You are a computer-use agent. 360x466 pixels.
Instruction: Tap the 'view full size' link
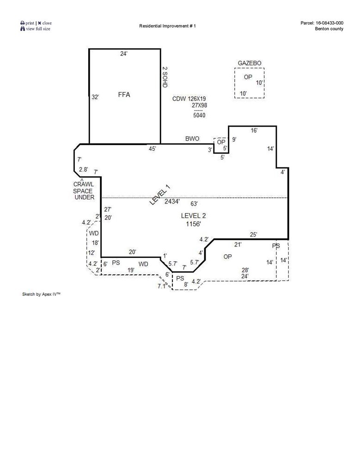pos(37,29)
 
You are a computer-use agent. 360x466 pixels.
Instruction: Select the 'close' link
pos(47,23)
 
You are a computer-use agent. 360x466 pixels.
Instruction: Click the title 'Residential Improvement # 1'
pos(167,26)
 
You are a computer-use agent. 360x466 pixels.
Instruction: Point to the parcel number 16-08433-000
pos(329,23)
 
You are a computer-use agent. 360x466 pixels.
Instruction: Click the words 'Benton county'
pos(329,29)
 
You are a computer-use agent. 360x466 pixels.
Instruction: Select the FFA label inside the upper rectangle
pos(124,95)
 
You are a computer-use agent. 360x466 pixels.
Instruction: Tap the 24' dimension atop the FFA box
pos(123,54)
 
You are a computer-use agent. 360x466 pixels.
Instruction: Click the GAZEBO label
pos(250,63)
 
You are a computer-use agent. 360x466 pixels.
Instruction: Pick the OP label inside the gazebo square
pos(248,77)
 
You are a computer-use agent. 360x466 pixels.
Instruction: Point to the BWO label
pos(192,139)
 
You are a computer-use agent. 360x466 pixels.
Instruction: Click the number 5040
pos(199,116)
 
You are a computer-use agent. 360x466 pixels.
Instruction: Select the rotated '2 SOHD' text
pos(164,77)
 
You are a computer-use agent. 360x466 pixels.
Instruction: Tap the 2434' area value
pos(172,201)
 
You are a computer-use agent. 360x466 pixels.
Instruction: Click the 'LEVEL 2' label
pos(194,215)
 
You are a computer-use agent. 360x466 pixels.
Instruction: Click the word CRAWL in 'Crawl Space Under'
pos(83,184)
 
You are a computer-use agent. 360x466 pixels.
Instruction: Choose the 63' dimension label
pos(194,203)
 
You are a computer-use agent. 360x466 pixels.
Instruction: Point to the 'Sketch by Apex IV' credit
pos(42,294)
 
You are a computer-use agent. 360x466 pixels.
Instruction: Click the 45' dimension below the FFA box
pos(152,149)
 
